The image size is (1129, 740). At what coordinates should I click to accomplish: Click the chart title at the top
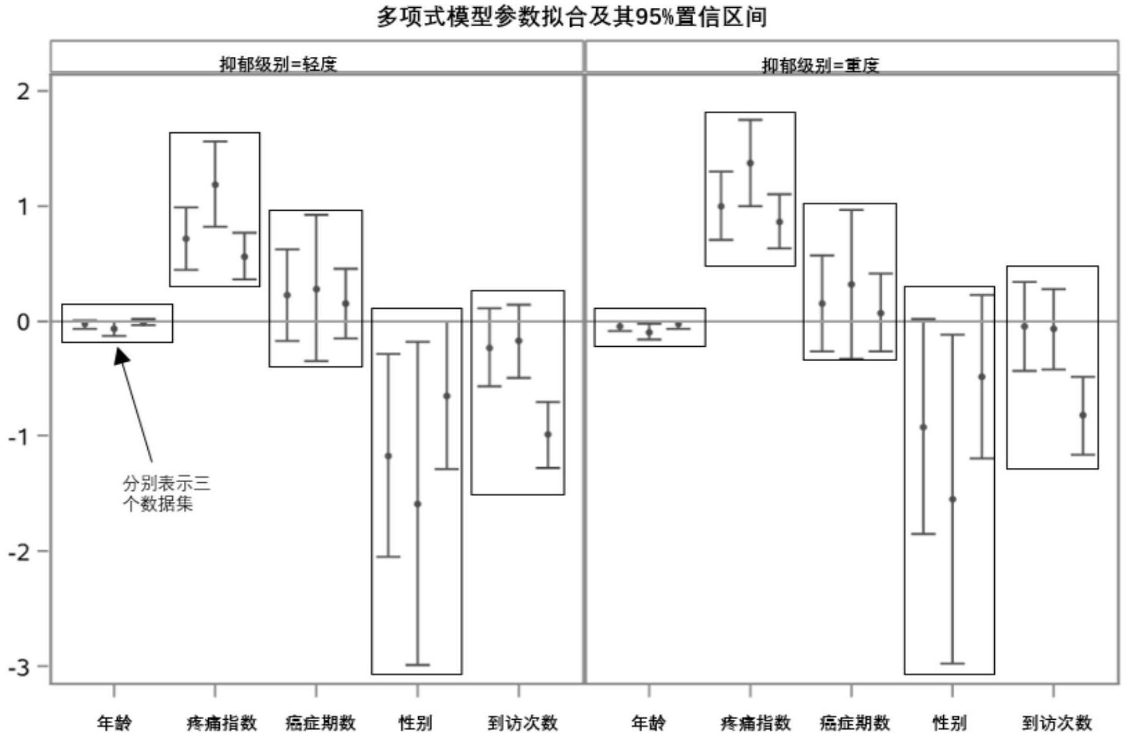[571, 16]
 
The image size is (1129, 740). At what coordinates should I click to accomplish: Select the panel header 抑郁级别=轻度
[278, 63]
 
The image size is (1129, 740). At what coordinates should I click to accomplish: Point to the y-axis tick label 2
[24, 91]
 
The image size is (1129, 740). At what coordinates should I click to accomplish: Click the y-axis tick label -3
[20, 667]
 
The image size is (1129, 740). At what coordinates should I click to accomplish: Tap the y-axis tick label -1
[20, 436]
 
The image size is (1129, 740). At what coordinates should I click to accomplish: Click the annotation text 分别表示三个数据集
[166, 493]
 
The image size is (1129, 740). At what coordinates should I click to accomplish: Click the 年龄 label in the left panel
[115, 722]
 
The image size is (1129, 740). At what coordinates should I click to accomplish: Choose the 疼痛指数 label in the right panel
[755, 722]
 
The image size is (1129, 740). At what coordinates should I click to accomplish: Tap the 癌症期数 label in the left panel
[321, 722]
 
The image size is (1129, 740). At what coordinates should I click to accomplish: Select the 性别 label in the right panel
[950, 722]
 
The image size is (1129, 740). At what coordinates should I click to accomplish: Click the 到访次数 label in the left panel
[522, 722]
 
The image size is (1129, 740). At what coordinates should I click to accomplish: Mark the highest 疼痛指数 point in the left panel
[215, 185]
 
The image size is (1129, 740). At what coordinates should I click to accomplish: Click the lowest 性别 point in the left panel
[418, 504]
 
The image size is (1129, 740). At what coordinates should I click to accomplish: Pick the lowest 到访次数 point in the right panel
[1083, 415]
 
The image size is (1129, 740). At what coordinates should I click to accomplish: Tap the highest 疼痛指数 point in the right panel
[750, 163]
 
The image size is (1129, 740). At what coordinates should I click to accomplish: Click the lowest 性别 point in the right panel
[952, 499]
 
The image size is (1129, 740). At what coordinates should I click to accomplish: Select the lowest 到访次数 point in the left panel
[548, 434]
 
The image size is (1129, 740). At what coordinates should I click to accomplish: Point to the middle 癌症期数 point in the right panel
[851, 284]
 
